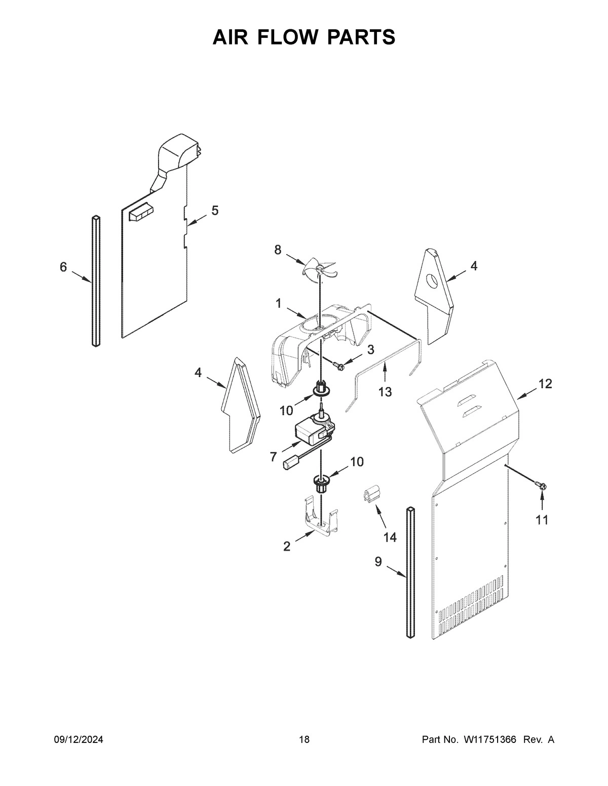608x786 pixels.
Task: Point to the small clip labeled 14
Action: point(372,494)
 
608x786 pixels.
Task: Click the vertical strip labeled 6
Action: point(96,281)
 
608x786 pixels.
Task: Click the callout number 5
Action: point(215,211)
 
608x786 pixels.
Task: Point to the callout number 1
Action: point(278,303)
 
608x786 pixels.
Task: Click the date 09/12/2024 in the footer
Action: point(79,740)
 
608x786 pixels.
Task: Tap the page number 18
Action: point(304,740)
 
